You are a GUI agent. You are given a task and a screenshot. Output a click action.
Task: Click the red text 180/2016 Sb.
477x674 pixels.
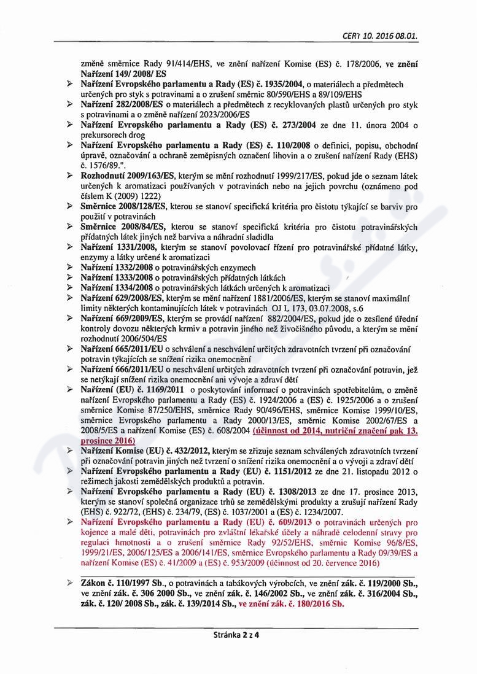tap(312, 603)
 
